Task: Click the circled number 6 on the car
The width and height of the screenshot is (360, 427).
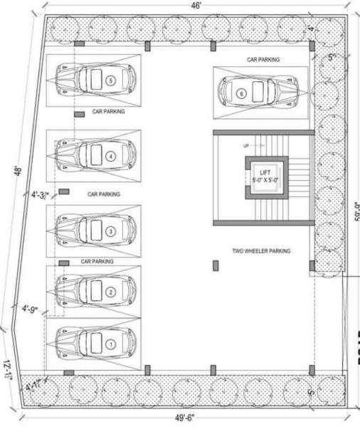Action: (241, 93)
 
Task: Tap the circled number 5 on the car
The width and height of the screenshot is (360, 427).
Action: (111, 80)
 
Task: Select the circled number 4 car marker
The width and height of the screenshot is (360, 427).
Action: (110, 156)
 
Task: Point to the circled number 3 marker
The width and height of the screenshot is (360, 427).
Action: (110, 231)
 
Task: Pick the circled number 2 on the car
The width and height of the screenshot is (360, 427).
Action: (110, 292)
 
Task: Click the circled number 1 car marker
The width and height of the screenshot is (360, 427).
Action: (110, 344)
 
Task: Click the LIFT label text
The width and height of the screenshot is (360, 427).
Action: (265, 173)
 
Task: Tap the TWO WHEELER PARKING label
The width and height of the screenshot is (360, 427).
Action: (261, 251)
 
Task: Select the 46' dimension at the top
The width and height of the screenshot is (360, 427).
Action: (185, 6)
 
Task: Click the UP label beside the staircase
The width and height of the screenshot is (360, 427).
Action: (246, 146)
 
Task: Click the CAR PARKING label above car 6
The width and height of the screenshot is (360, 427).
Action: (263, 60)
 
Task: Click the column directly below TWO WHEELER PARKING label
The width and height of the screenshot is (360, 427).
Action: (215, 265)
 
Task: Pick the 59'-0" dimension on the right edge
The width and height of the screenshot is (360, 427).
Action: (354, 213)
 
